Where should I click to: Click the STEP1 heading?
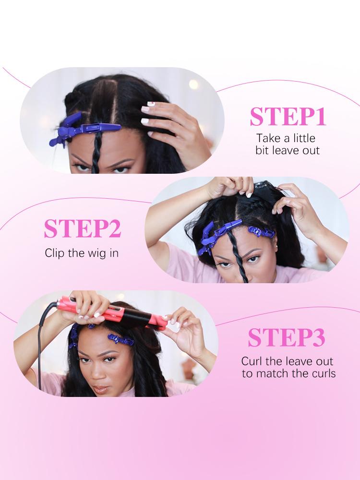tap(288, 117)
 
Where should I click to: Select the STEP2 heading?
tap(82, 229)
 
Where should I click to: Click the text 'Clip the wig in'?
tap(82, 252)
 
